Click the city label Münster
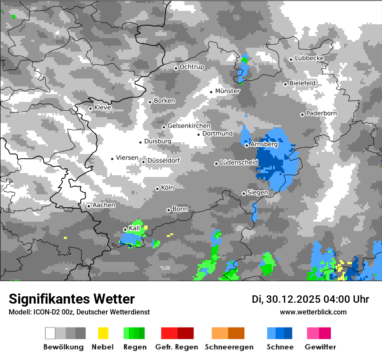[x=227, y=91]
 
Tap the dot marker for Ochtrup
[x=176, y=68]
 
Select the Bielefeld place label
[x=303, y=83]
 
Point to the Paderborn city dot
[x=302, y=115]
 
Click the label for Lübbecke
[x=310, y=58]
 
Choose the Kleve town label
[x=102, y=108]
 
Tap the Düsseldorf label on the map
[x=164, y=160]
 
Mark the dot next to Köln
[x=157, y=189]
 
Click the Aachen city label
[x=104, y=205]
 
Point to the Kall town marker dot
[x=125, y=229]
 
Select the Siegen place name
[x=257, y=193]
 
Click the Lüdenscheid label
[x=239, y=163]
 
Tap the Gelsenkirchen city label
[x=189, y=126]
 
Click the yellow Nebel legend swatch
[x=103, y=333]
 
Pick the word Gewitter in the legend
[x=320, y=347]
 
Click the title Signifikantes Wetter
[x=72, y=299]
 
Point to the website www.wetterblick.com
[x=313, y=312]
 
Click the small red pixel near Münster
[x=244, y=78]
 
